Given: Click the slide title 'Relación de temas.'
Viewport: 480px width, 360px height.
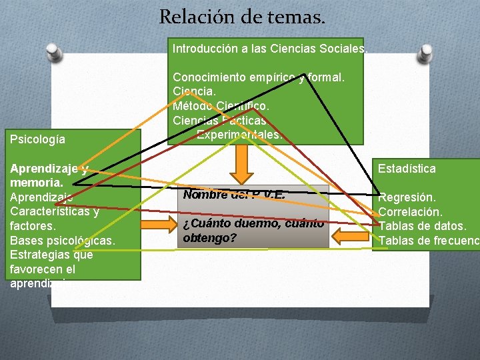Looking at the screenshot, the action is click(242, 17).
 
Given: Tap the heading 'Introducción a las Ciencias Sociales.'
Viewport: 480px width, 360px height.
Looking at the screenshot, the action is click(269, 49).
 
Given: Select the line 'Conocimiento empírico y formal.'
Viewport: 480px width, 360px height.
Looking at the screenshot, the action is click(259, 78).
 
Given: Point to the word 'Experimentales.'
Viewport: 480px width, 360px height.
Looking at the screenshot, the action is click(239, 135).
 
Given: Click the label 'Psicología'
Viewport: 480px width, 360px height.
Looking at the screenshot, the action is click(38, 139).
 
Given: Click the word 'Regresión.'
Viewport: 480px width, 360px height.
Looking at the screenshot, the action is click(407, 197).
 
